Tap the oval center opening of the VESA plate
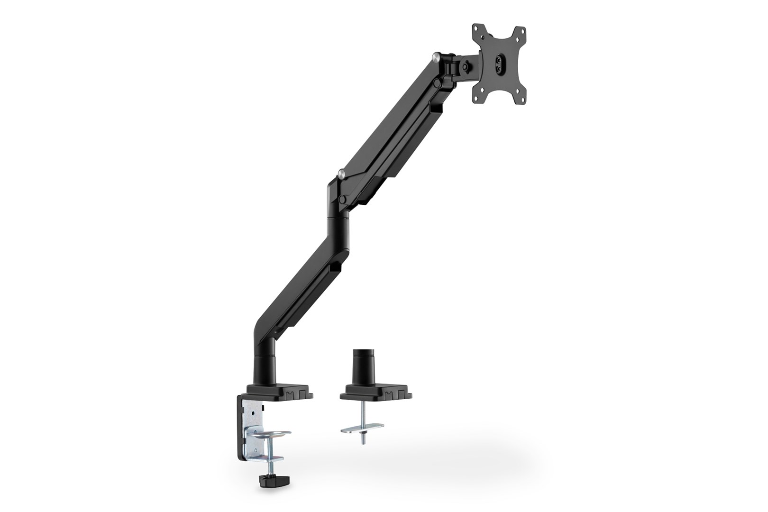pyautogui.click(x=499, y=63)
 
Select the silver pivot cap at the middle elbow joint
pyautogui.click(x=341, y=174)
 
